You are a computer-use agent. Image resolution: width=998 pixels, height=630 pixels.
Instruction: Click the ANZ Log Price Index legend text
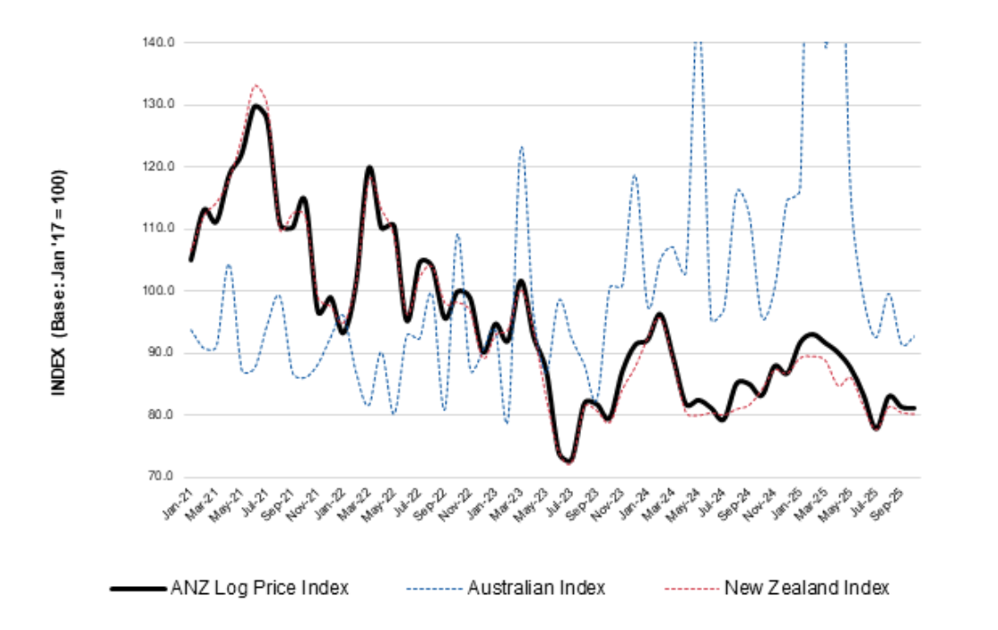[259, 589]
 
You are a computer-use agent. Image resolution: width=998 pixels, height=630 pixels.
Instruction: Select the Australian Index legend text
[536, 589]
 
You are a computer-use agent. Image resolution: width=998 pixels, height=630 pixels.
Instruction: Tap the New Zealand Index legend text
[806, 589]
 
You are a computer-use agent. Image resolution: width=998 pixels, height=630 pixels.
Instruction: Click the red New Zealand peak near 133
[256, 86]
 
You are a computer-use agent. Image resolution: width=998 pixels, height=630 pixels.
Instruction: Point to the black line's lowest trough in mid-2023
[568, 461]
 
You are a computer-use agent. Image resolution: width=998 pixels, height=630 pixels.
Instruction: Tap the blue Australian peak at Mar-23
[521, 147]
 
